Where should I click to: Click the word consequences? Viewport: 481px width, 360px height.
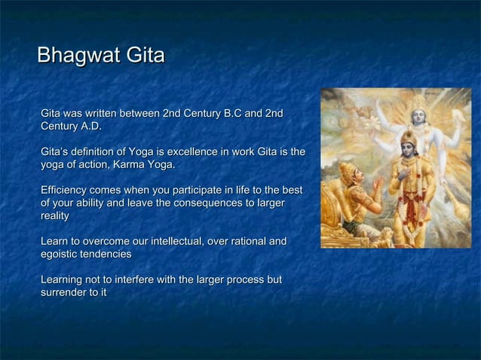pos(219,203)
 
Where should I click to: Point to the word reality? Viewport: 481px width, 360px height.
pos(55,216)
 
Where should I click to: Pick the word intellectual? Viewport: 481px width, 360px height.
pos(165,242)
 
